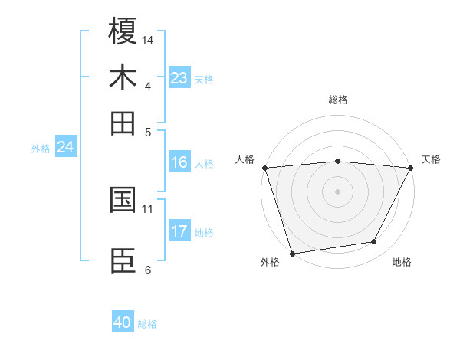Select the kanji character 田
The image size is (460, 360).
[x=123, y=123]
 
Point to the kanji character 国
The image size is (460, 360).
[x=123, y=200]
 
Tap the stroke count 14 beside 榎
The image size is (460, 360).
[x=148, y=39]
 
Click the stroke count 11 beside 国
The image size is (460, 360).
[x=148, y=208]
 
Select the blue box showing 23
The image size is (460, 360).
[x=179, y=77]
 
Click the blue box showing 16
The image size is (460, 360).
[x=179, y=162]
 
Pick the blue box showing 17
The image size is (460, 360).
[x=179, y=231]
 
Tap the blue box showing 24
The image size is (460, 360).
[x=65, y=147]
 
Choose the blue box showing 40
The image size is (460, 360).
[x=122, y=322]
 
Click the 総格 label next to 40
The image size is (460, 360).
[x=147, y=324]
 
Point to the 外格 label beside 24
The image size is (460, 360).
[x=41, y=149]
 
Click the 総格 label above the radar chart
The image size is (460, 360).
[x=338, y=100]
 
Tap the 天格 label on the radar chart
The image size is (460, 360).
[x=431, y=159]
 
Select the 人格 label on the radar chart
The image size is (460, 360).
[x=245, y=159]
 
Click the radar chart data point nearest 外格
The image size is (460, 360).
[x=292, y=253]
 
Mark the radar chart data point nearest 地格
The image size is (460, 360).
[x=374, y=242]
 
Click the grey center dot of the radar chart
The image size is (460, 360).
[x=337, y=191]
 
